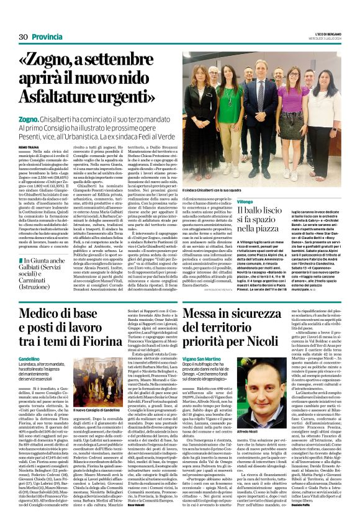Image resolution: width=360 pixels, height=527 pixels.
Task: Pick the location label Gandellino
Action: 29,359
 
